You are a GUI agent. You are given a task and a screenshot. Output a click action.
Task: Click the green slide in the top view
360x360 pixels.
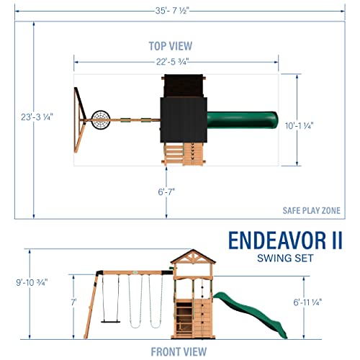tap(242, 117)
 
